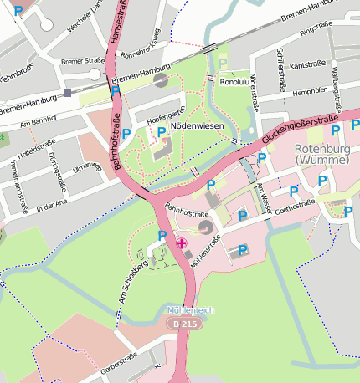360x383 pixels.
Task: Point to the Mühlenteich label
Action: click(x=190, y=309)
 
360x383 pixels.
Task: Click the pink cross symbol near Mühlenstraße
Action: click(x=182, y=243)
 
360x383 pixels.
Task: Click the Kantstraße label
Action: click(x=306, y=64)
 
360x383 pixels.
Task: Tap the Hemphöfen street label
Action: click(x=309, y=90)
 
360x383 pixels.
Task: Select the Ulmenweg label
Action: click(x=86, y=168)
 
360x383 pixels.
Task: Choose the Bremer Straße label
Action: click(x=83, y=61)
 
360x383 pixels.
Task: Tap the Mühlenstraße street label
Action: click(x=204, y=250)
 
